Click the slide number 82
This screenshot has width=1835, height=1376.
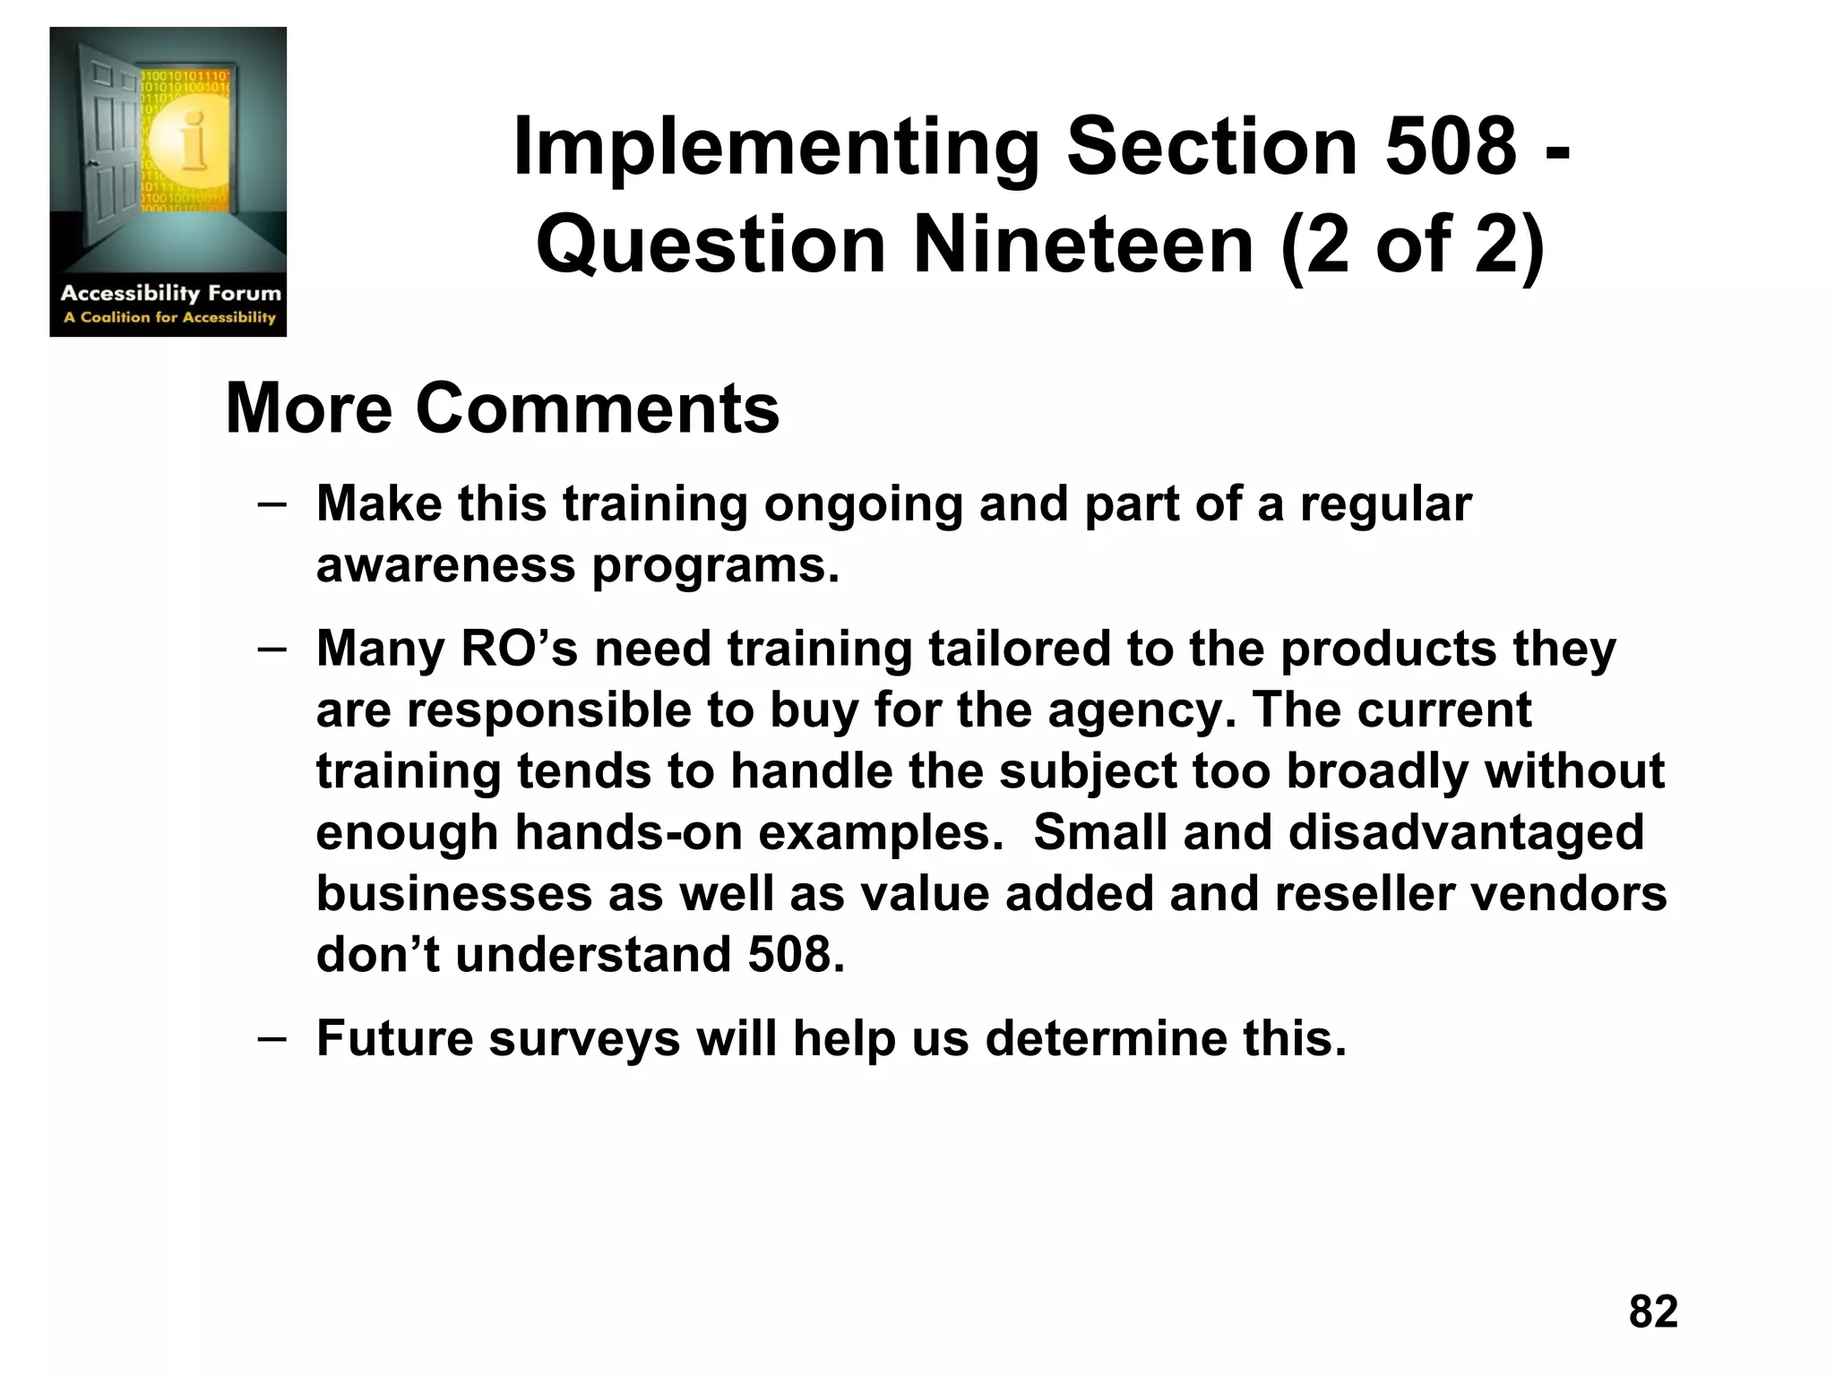click(x=1653, y=1311)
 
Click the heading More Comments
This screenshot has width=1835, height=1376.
click(x=503, y=408)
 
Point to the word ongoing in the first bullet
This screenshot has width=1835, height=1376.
click(x=863, y=504)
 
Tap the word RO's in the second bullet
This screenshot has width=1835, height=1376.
click(x=519, y=649)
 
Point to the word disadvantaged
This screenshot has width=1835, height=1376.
click(x=1466, y=832)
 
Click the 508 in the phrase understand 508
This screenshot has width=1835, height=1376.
click(x=796, y=955)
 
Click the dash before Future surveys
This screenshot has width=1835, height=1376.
click(x=271, y=1037)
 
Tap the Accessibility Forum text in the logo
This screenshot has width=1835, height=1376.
click(x=170, y=293)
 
